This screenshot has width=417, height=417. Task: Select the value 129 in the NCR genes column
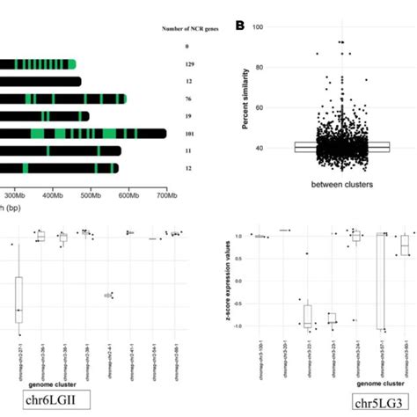pyautogui.click(x=187, y=64)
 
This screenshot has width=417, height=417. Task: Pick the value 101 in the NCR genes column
pyautogui.click(x=187, y=134)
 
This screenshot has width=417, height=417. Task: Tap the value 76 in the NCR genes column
pyautogui.click(x=187, y=99)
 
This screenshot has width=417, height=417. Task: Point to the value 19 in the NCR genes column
pyautogui.click(x=187, y=116)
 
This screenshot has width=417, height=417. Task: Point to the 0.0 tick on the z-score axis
pyautogui.click(x=240, y=281)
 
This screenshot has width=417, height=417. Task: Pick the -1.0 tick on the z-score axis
pyautogui.click(x=239, y=326)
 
